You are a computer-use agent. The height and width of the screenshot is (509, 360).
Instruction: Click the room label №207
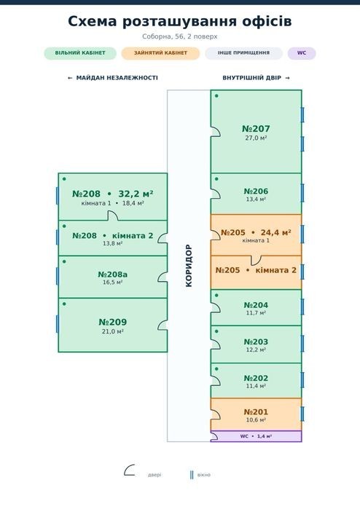(256, 129)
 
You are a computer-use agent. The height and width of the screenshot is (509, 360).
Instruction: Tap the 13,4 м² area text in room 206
(256, 199)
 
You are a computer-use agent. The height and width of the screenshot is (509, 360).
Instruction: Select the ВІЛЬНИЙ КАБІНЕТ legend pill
(80, 53)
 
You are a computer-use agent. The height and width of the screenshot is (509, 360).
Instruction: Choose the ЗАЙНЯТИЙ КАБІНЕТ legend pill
(160, 53)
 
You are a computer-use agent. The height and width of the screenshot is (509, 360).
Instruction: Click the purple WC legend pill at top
(302, 53)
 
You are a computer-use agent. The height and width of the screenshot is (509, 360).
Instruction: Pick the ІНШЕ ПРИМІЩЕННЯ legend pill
(243, 53)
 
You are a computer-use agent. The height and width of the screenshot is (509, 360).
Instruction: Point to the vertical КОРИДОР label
(189, 266)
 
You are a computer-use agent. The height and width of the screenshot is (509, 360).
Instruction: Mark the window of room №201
(302, 414)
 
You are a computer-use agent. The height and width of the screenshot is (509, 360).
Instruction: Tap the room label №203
(256, 342)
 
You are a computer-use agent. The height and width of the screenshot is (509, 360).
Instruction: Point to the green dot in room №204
(216, 296)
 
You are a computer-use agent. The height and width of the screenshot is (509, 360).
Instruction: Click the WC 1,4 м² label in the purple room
(256, 436)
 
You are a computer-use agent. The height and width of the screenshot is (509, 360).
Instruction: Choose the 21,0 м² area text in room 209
(113, 331)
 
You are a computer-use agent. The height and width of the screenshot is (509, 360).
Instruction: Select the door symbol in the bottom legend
(129, 470)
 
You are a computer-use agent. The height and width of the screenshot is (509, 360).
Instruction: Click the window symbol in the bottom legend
(192, 475)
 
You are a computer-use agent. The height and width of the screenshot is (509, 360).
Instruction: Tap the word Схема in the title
(93, 21)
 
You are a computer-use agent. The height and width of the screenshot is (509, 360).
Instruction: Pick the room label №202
(256, 378)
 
